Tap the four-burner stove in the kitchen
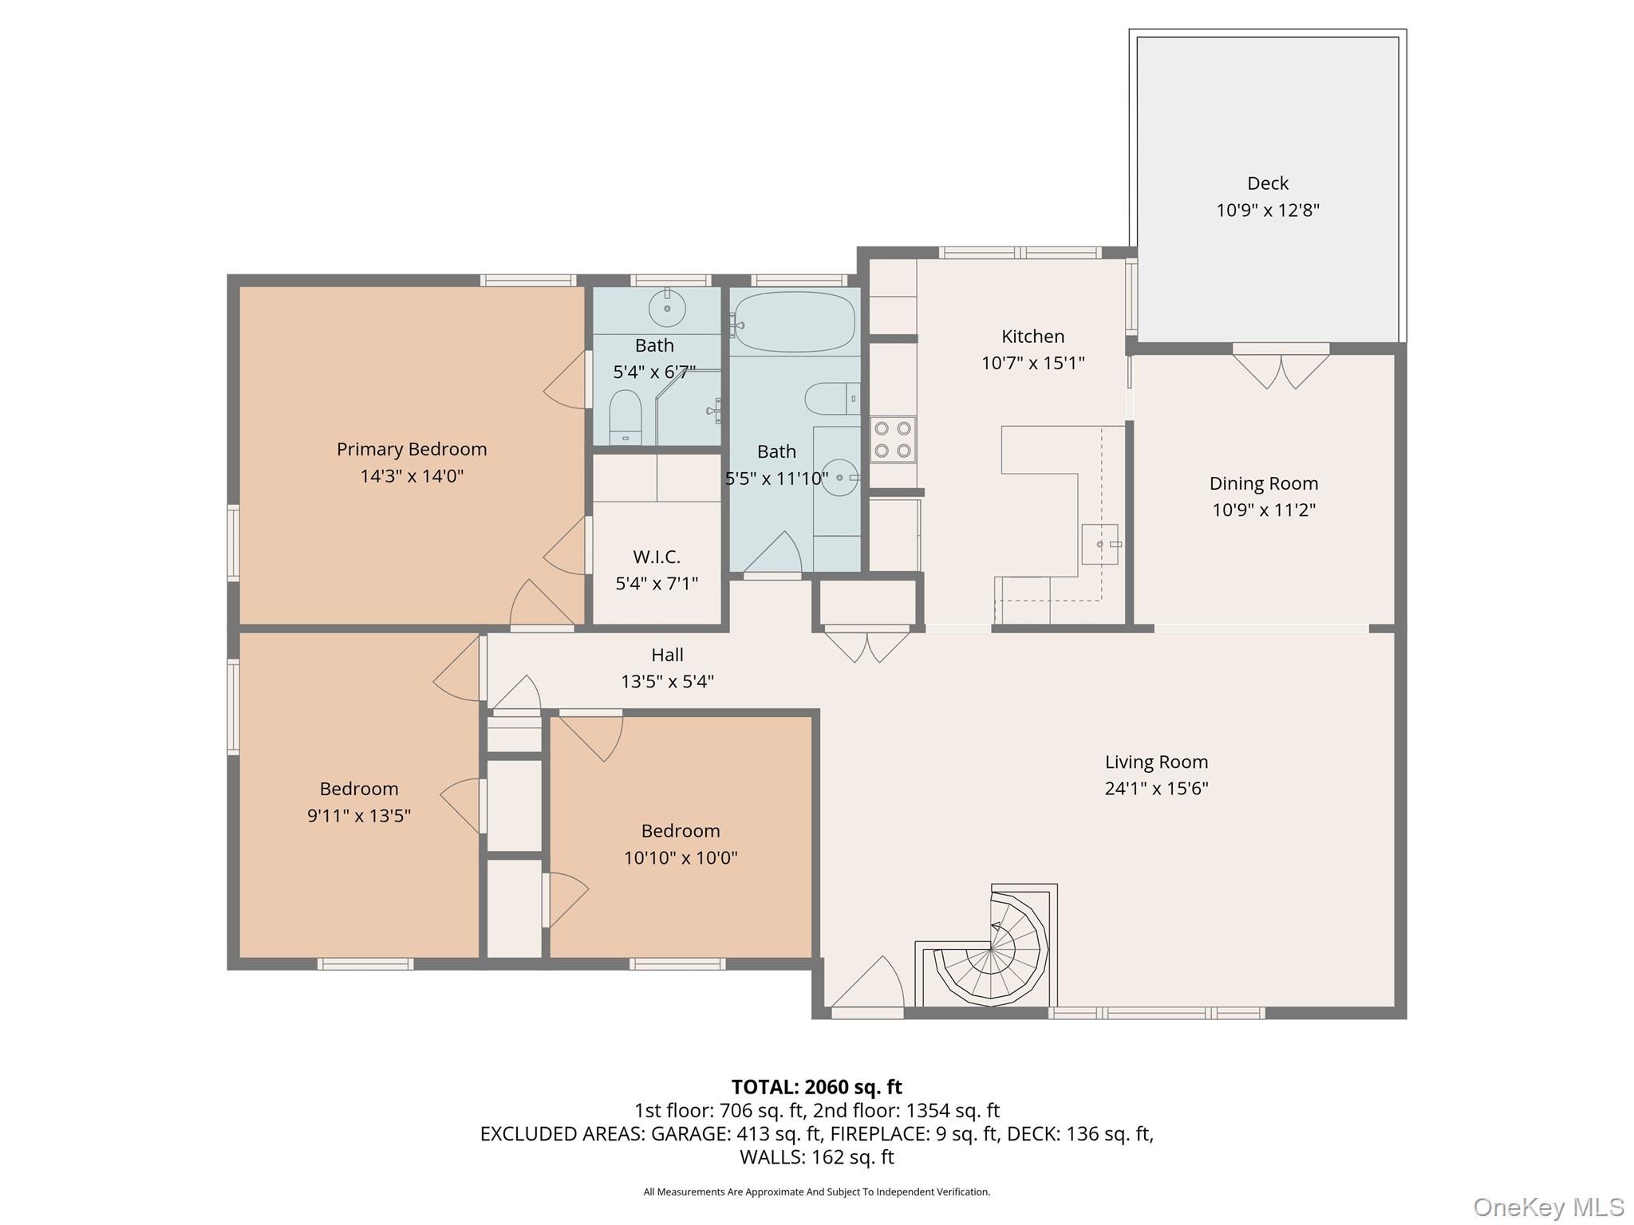(893, 439)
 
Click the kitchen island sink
(1099, 544)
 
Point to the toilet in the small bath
(625, 416)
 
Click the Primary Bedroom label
(412, 449)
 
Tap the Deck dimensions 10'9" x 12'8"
(1267, 211)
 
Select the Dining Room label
(1263, 483)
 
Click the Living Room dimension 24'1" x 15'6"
(1156, 789)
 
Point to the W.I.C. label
(657, 557)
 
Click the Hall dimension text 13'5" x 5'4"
(667, 682)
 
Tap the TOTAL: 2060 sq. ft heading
(816, 1087)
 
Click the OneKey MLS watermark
(1548, 1207)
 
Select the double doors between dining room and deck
(1281, 369)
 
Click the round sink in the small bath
(667, 308)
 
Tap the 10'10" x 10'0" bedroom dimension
(681, 858)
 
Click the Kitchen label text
(1032, 337)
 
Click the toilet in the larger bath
(830, 399)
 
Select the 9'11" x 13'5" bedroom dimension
(359, 816)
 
